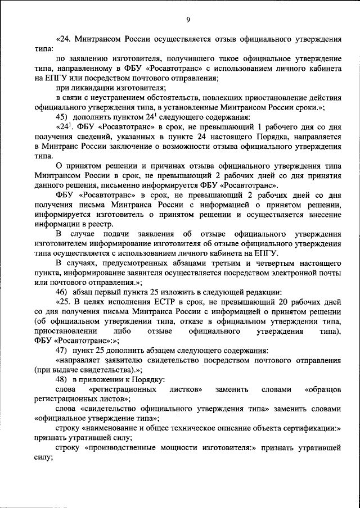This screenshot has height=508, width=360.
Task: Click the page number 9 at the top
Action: [x=188, y=21]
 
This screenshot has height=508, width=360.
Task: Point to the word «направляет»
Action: [x=82, y=360]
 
